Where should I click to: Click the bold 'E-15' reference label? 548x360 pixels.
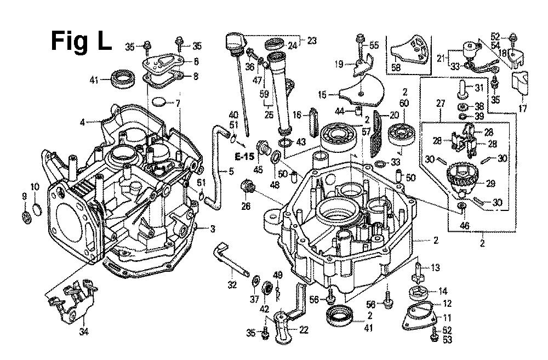click(244, 157)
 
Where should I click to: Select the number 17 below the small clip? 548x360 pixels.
click(523, 108)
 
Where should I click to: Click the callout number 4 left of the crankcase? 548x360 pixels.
click(82, 122)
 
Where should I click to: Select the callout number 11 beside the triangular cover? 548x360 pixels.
click(447, 317)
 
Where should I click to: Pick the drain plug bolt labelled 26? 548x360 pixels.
click(248, 190)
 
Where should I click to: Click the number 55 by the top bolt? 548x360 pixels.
click(374, 46)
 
